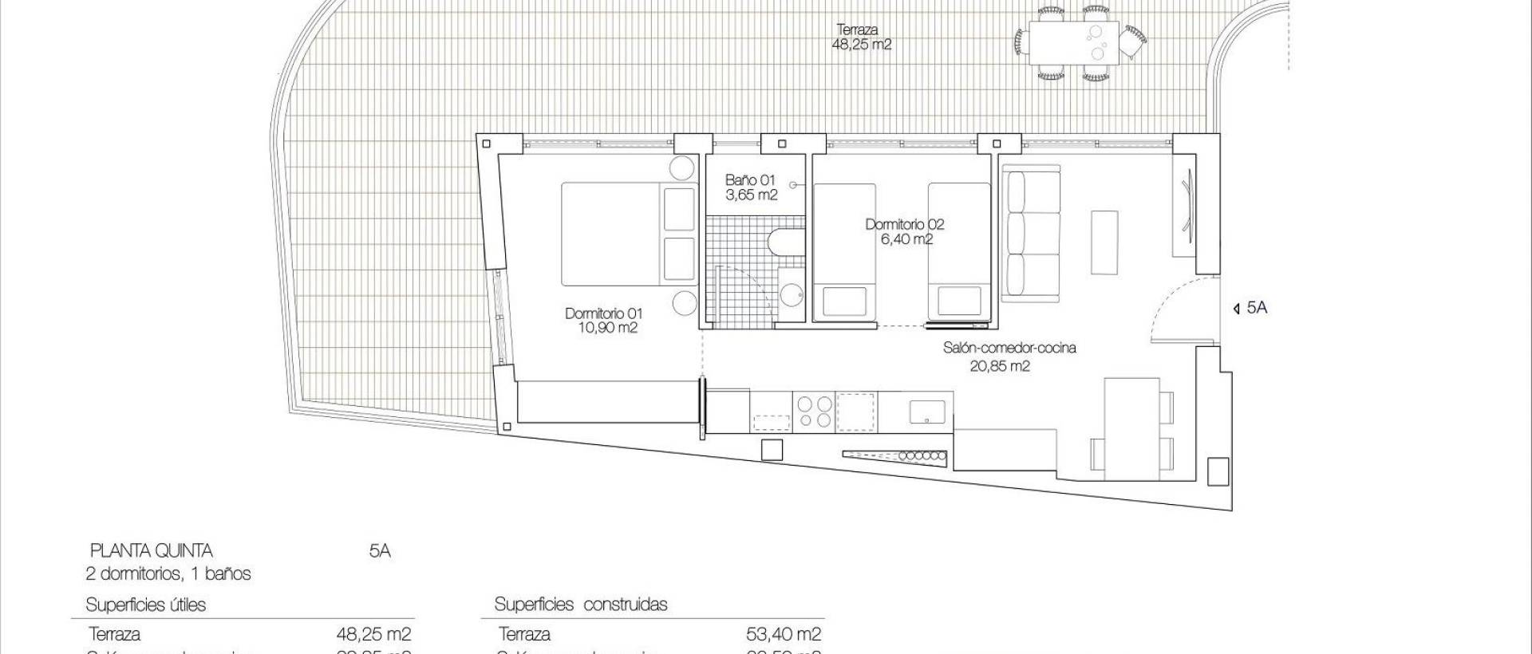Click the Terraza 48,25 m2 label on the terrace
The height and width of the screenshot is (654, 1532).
[x=861, y=37]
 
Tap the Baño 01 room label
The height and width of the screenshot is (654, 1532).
[x=750, y=187]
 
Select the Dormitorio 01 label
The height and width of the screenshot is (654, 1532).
[x=603, y=321]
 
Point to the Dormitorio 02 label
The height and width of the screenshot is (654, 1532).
[x=905, y=231]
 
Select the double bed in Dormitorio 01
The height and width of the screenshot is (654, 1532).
[x=627, y=234]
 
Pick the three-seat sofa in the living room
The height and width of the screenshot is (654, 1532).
[x=1030, y=233]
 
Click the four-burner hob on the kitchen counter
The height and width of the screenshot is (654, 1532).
[x=813, y=412]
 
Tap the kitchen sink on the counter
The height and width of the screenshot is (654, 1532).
[x=927, y=412]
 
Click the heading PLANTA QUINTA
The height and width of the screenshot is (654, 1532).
[x=151, y=551]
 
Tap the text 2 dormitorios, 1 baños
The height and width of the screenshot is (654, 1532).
[x=168, y=573]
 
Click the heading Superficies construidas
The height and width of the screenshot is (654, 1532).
[x=580, y=604]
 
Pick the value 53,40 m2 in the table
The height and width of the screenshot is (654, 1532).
[x=782, y=634]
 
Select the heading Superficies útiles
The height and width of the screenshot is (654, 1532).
[x=145, y=605]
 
